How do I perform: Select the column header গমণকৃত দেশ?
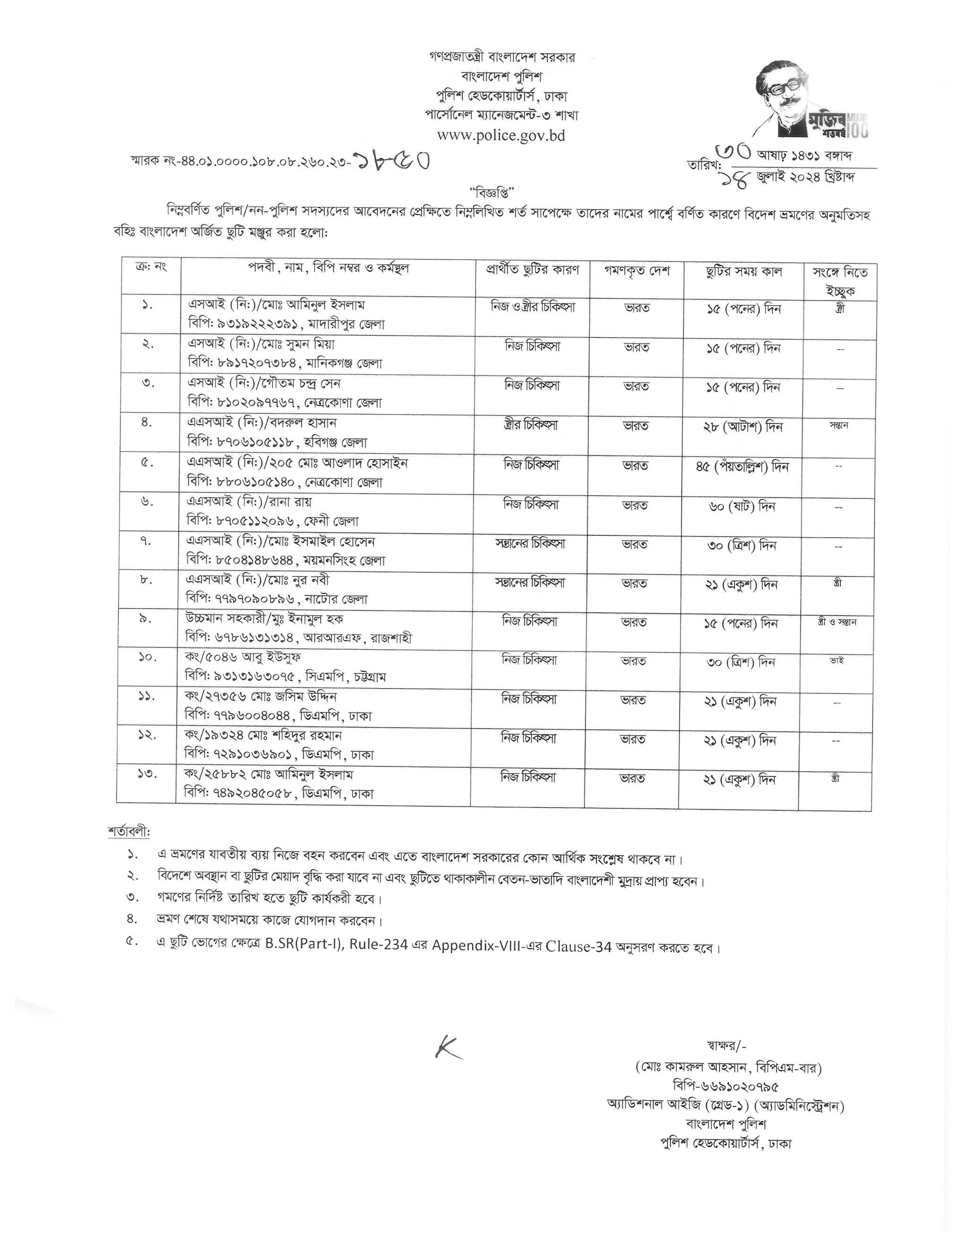[637, 271]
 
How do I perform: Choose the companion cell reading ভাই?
[836, 661]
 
